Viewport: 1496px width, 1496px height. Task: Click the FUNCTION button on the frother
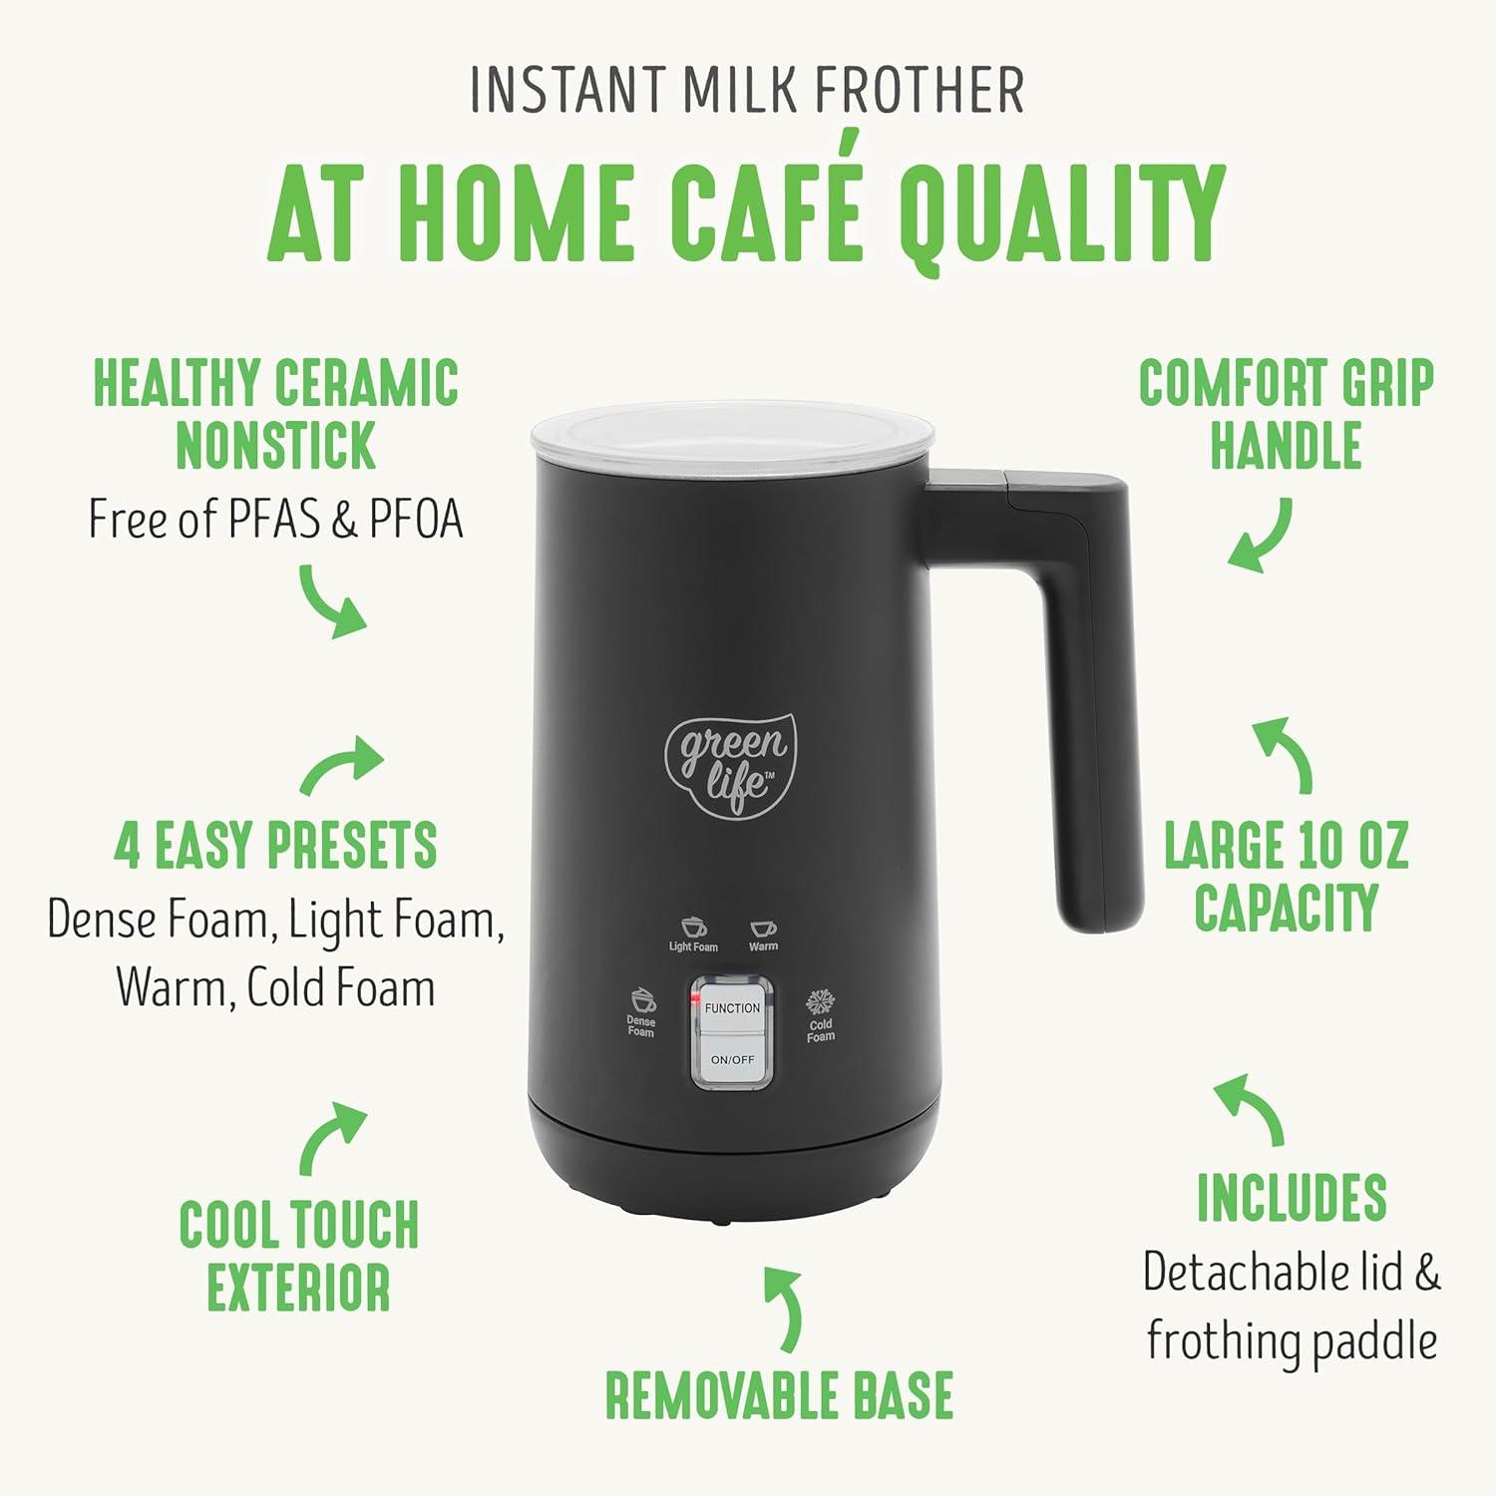pyautogui.click(x=732, y=1008)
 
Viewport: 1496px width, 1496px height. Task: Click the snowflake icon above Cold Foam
pyautogui.click(x=820, y=1002)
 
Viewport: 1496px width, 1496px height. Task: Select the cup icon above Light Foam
pyautogui.click(x=693, y=928)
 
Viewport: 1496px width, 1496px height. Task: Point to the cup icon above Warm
pyautogui.click(x=763, y=929)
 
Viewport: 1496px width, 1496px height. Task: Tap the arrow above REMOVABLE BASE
pyautogui.click(x=786, y=1308)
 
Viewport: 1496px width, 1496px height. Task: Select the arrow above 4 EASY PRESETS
pyautogui.click(x=341, y=765)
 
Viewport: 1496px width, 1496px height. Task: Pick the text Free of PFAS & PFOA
pyautogui.click(x=276, y=519)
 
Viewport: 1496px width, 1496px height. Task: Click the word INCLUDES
pyautogui.click(x=1292, y=1197)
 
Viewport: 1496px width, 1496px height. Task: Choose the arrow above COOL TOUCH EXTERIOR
pyautogui.click(x=333, y=1137)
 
